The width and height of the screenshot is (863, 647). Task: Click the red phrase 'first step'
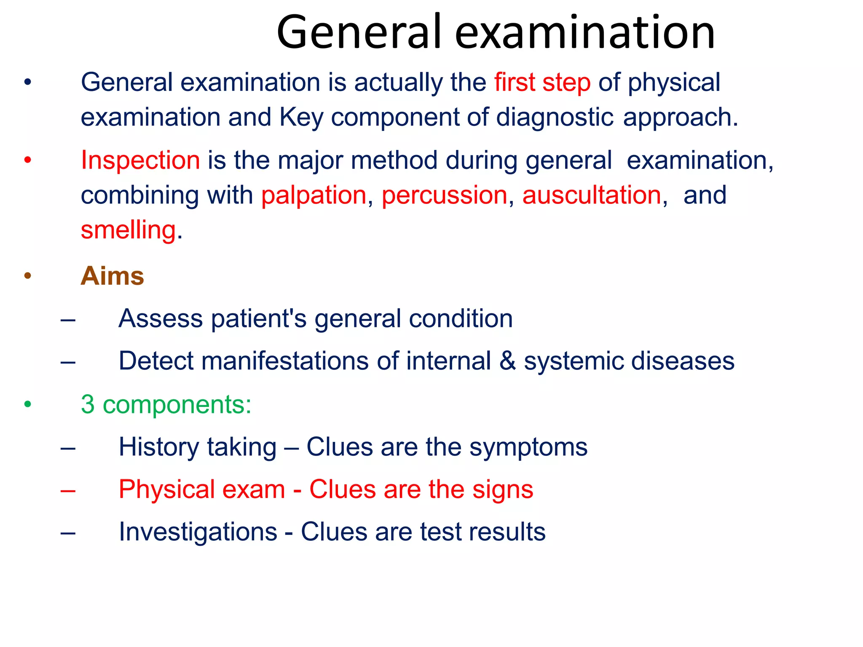(x=542, y=82)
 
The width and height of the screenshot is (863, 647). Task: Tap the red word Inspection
(x=140, y=160)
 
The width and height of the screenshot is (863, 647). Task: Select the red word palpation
(x=314, y=195)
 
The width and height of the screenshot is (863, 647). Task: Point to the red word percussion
(x=445, y=195)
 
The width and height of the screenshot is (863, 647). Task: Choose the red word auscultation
(x=592, y=195)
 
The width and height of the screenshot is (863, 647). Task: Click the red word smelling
(x=128, y=230)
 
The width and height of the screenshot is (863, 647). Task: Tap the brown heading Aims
(x=113, y=276)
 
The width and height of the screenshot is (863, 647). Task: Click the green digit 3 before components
(x=88, y=404)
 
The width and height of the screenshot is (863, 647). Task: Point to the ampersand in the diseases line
(x=507, y=361)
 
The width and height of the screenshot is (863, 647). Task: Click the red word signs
(x=503, y=489)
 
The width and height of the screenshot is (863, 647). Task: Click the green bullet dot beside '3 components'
(x=28, y=405)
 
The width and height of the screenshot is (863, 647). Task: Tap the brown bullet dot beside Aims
(x=28, y=277)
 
